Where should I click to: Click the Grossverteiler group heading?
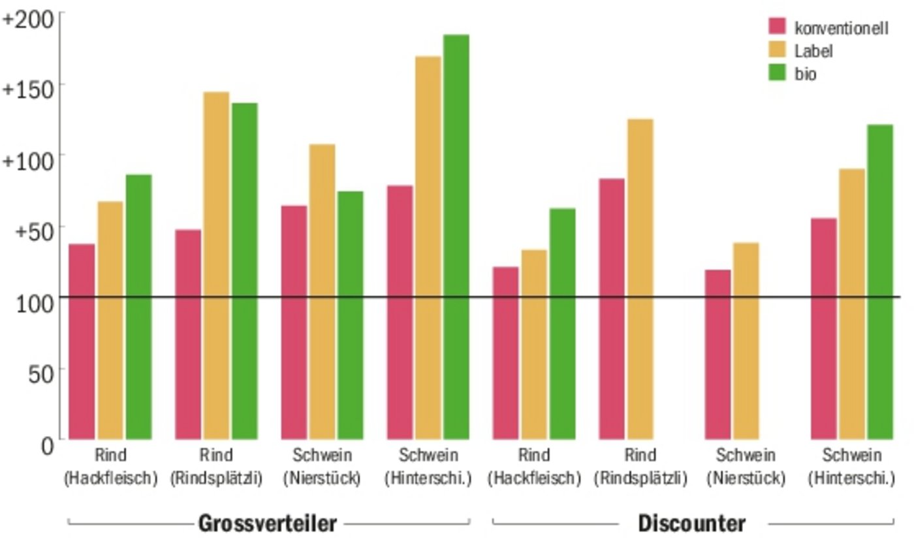(x=268, y=523)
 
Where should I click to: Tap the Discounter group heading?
(x=691, y=523)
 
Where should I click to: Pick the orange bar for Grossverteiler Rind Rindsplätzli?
(x=216, y=265)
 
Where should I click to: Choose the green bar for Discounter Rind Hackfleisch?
(x=562, y=323)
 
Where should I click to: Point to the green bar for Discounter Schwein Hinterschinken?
(x=880, y=281)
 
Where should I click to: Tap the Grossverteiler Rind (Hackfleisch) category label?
(x=110, y=466)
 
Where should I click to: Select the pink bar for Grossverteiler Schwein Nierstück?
(x=294, y=322)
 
